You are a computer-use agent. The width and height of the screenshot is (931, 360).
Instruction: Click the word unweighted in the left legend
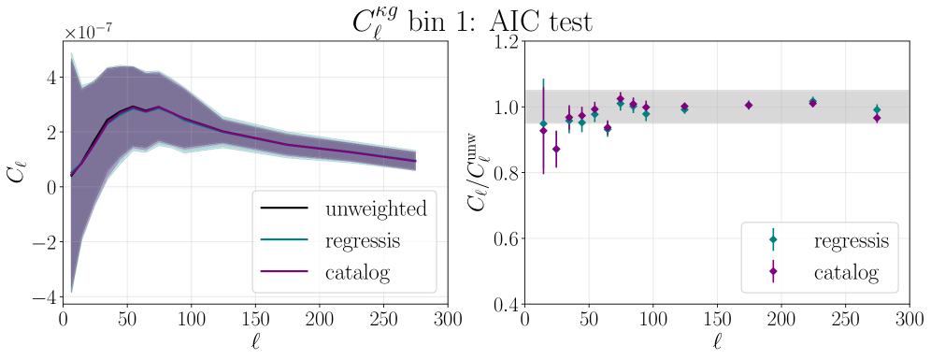tap(375, 209)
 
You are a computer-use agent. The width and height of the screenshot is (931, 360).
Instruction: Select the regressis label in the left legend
tap(362, 241)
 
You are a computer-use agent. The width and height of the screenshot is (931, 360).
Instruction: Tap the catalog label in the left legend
tap(356, 273)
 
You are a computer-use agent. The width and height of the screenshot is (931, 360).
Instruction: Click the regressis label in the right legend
tap(851, 241)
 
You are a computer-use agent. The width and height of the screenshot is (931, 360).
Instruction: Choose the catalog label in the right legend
tap(845, 273)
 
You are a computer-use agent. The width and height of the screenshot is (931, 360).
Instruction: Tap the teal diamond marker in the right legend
tap(773, 240)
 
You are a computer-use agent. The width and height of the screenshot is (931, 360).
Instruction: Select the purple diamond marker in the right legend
tap(773, 272)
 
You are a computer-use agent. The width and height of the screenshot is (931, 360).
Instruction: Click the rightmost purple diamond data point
tap(877, 118)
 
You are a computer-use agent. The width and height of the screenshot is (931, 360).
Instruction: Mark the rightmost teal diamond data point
tap(877, 109)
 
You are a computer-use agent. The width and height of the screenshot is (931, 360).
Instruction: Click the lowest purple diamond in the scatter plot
tap(556, 150)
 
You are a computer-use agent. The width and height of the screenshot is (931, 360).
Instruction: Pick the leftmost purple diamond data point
tap(543, 131)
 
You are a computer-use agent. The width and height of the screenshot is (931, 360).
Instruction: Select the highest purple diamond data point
tap(620, 98)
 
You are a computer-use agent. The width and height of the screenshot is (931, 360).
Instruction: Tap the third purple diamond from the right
tap(749, 105)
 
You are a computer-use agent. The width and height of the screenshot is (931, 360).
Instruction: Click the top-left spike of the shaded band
tap(71, 52)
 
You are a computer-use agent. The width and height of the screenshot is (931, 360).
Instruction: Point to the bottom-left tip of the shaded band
tap(71, 292)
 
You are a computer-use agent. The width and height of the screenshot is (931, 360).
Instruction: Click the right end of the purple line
tap(416, 160)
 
